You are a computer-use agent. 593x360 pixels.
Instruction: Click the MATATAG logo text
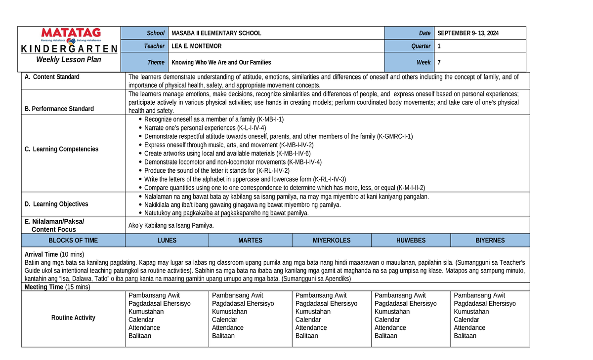pyautogui.click(x=71, y=33)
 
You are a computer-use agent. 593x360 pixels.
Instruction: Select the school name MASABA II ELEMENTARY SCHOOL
pyautogui.click(x=216, y=33)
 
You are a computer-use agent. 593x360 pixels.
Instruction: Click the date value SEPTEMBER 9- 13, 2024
pyautogui.click(x=468, y=33)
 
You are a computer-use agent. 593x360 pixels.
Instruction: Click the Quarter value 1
pyautogui.click(x=439, y=46)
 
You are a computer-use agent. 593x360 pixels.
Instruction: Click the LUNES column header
pyautogui.click(x=167, y=240)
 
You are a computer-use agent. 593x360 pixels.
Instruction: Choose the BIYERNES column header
pyautogui.click(x=490, y=240)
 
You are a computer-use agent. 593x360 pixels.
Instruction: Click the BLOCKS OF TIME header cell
pyautogui.click(x=73, y=240)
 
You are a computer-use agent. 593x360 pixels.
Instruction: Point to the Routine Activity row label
pyautogui.click(x=73, y=318)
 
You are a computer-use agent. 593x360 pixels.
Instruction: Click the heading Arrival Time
pyautogui.click(x=41, y=254)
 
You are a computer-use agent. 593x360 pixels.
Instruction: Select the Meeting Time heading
pyautogui.click(x=44, y=286)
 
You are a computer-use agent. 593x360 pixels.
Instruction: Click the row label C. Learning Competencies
pyautogui.click(x=61, y=149)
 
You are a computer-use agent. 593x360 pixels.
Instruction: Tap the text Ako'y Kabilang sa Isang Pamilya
pyautogui.click(x=171, y=225)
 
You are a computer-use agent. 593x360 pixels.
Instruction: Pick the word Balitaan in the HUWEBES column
pyautogui.click(x=386, y=336)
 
